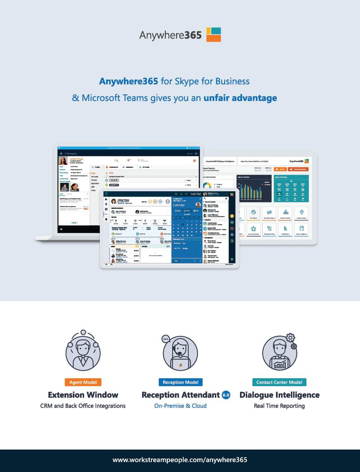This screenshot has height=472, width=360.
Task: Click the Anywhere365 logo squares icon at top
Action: tap(213, 34)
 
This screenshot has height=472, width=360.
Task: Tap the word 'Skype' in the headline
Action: tap(189, 82)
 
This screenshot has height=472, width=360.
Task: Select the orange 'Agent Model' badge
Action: tap(83, 382)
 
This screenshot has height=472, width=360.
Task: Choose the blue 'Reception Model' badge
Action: tap(180, 382)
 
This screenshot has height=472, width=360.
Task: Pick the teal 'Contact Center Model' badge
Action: tap(279, 382)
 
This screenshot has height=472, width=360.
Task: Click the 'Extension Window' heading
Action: tap(83, 395)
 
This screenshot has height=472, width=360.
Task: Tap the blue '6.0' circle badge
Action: tap(226, 395)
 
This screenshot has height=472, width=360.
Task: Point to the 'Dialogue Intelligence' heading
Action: tap(280, 395)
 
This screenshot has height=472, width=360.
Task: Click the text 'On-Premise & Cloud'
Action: tap(180, 406)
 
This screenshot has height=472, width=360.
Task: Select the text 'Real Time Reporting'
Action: tap(279, 406)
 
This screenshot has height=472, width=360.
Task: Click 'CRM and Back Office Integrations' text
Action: tap(83, 406)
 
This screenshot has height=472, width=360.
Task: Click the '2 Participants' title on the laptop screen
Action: tap(73, 154)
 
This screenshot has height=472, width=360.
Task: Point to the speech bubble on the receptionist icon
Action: tap(166, 339)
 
